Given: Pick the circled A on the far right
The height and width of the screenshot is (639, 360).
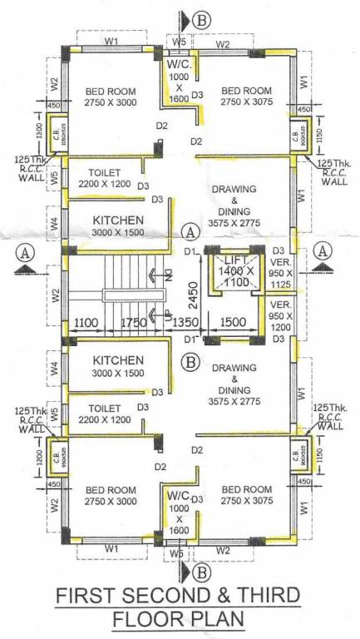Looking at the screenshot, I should click(x=325, y=250).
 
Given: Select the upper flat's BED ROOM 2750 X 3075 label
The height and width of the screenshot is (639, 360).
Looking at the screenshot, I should click(x=246, y=95).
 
